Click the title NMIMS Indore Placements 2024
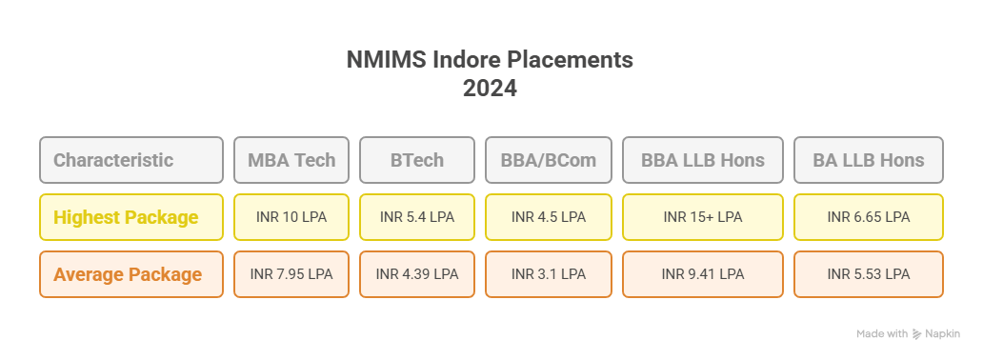point(490,74)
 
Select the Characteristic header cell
point(131,160)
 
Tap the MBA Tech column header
point(291,160)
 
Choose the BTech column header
point(417,160)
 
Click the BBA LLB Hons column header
point(703,160)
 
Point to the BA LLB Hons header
point(869,160)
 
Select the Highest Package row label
point(131,217)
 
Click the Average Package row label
point(131,274)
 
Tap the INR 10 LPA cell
point(291,217)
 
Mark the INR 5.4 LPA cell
point(417,217)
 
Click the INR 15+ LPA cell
point(703,217)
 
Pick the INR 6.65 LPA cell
point(869,217)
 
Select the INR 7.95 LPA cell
point(291,274)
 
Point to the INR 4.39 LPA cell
point(417,274)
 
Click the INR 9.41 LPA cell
point(703,274)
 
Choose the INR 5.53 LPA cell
point(869,274)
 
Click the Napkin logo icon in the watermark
point(917,334)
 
